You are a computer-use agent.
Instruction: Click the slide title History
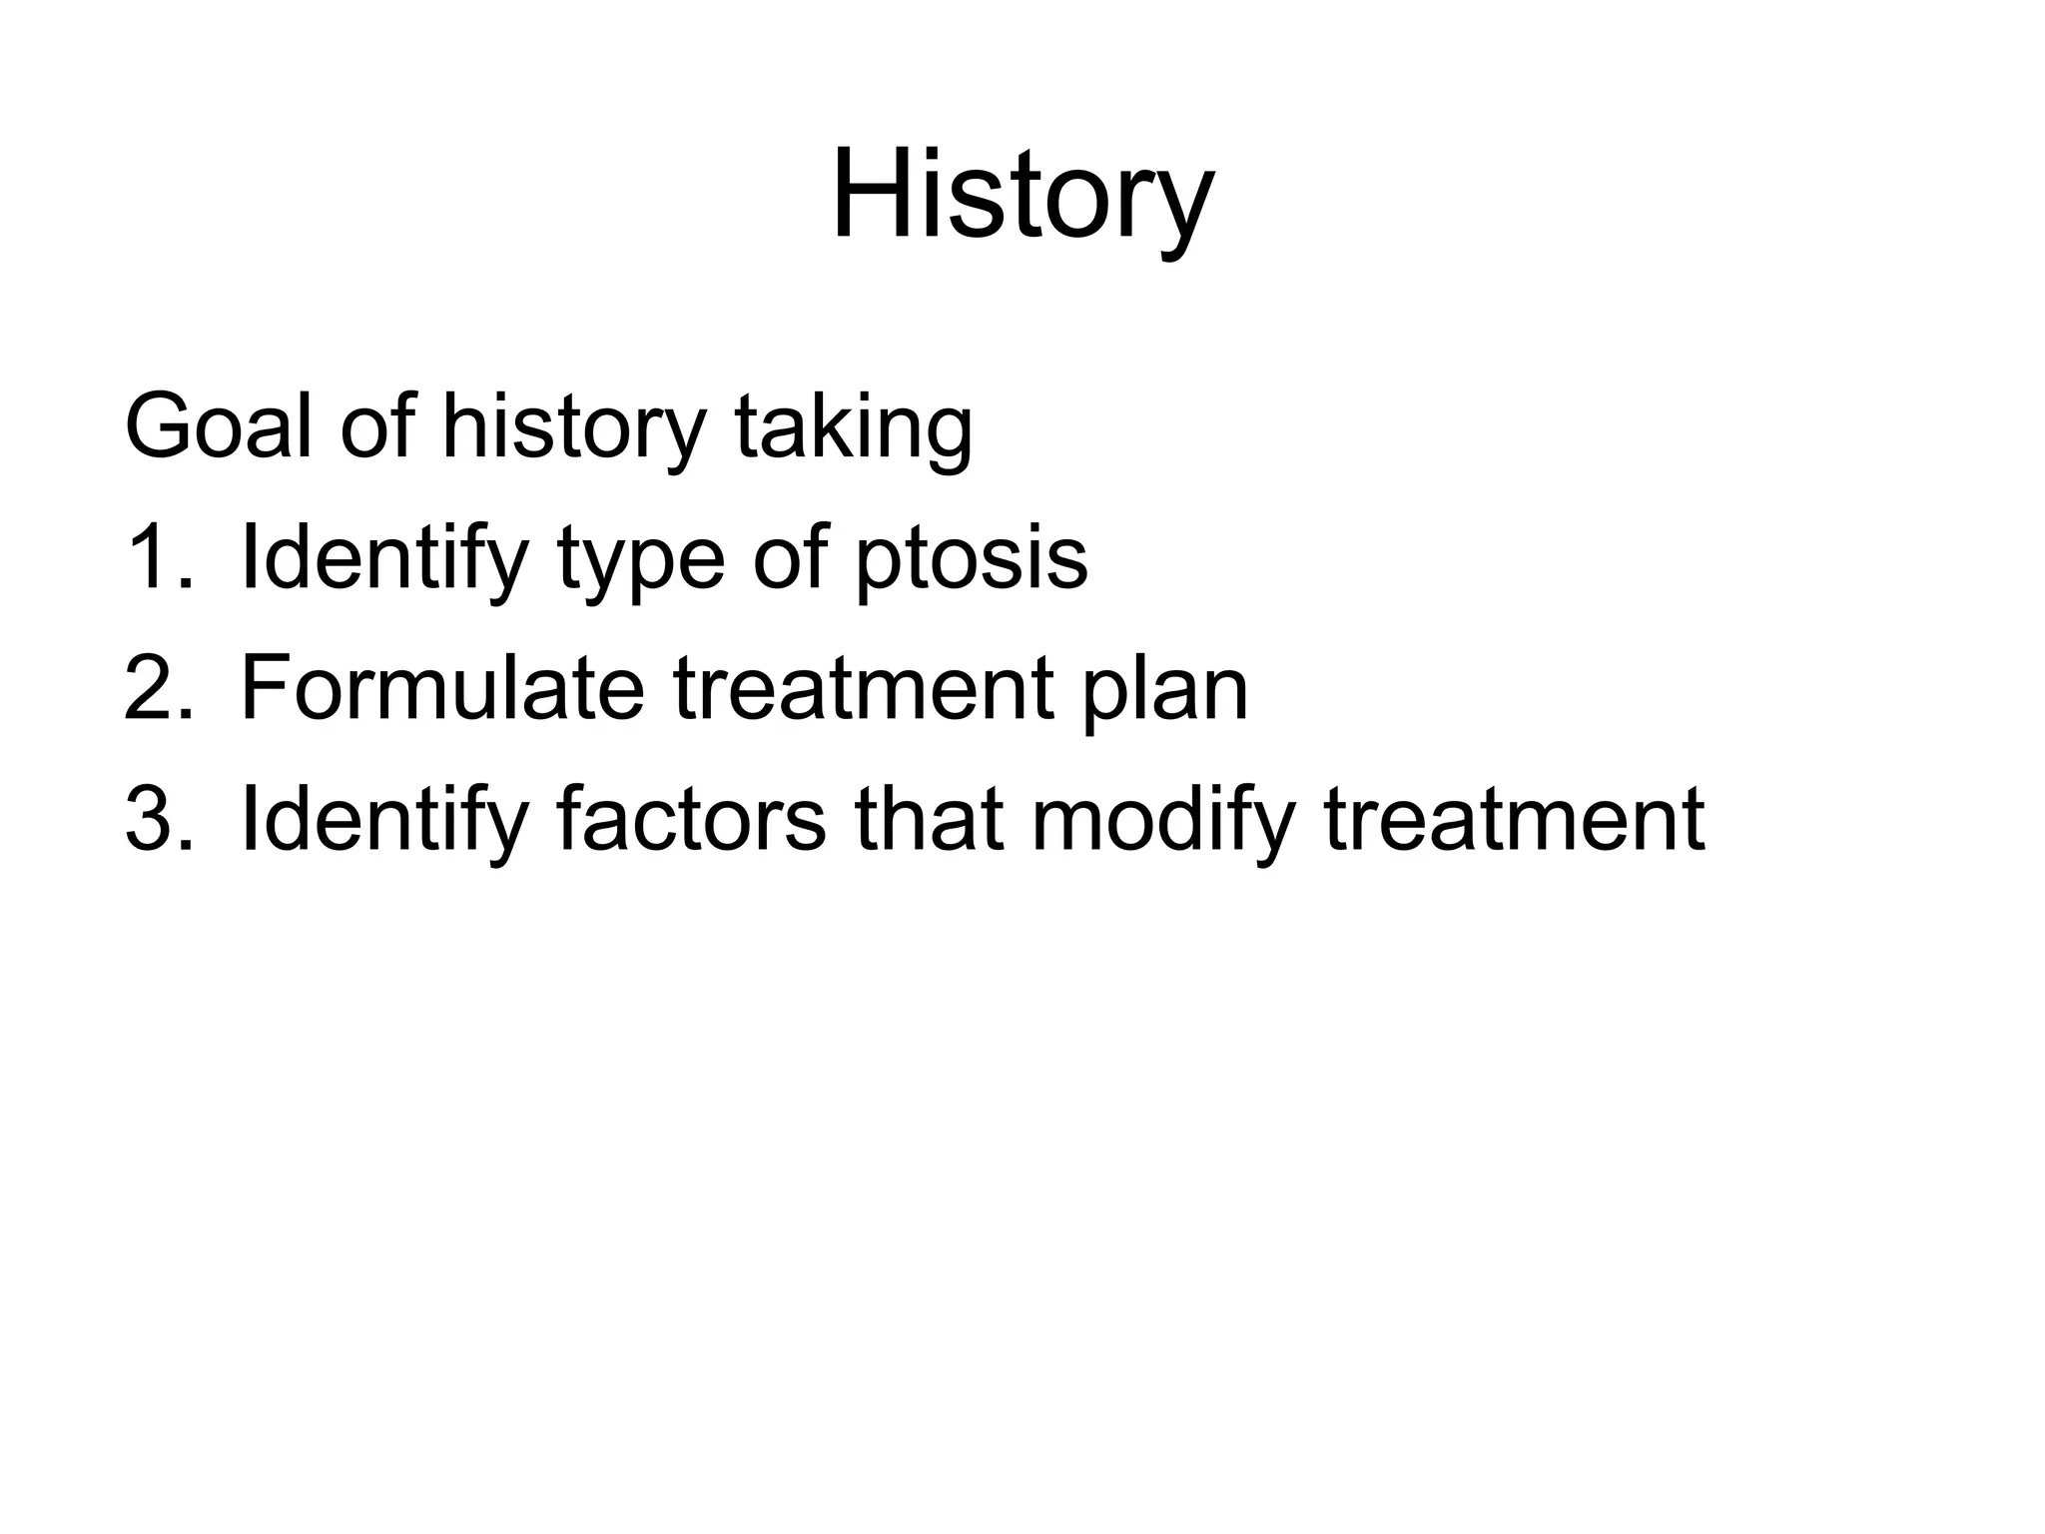click(1022, 195)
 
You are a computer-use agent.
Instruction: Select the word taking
click(853, 429)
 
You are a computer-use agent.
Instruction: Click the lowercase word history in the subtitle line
click(573, 429)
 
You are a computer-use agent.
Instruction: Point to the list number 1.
click(157, 558)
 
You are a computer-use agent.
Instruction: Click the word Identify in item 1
click(383, 559)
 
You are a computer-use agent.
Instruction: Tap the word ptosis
click(971, 561)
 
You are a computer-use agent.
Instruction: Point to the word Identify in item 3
click(383, 821)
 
